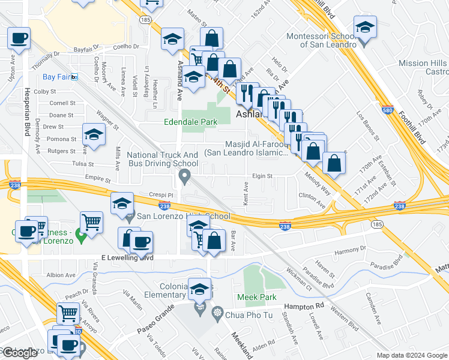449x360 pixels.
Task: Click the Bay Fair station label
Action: tap(57, 77)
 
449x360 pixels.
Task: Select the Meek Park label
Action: tap(256, 297)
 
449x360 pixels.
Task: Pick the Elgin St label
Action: tap(262, 176)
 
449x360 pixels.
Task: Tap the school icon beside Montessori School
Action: tap(364, 28)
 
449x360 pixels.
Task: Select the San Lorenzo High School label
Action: tap(183, 216)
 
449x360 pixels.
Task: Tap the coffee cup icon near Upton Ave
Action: tap(19, 38)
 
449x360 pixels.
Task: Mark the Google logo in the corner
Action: tap(20, 353)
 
